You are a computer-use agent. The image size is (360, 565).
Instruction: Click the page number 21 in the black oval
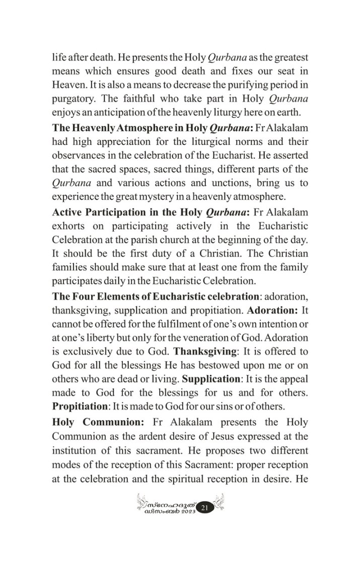click(204, 508)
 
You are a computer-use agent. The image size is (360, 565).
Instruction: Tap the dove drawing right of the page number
click(218, 502)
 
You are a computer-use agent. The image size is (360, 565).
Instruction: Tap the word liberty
click(99, 337)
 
